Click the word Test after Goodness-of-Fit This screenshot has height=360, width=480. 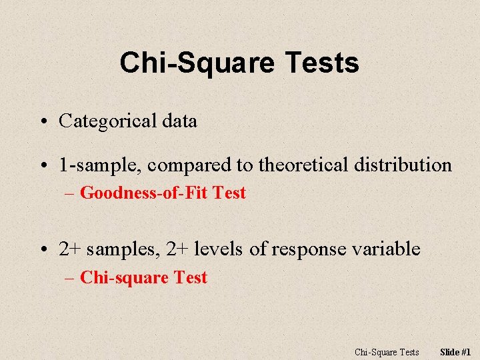(230, 193)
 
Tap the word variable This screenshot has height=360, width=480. (386, 249)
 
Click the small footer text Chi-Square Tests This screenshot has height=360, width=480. (387, 352)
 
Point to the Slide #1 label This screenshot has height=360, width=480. (456, 352)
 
